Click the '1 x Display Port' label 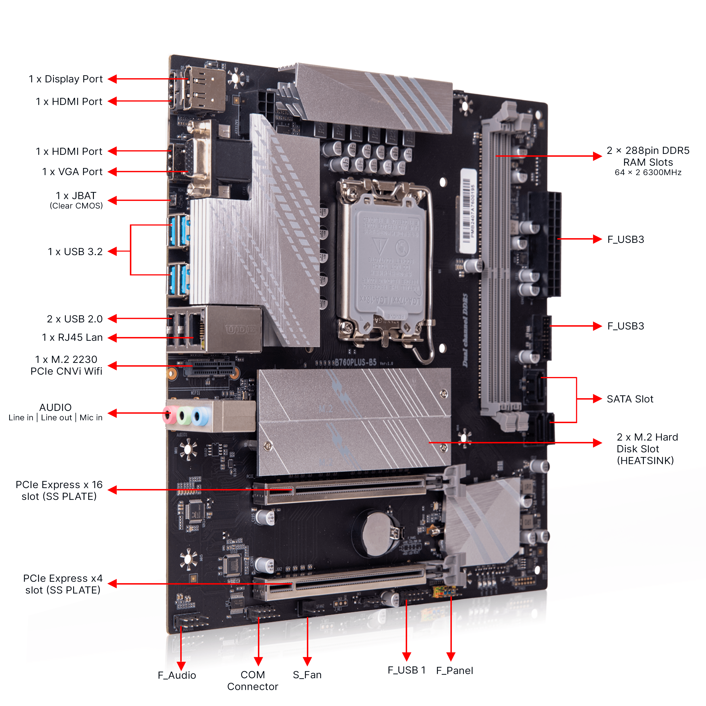coord(66,79)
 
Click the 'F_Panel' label coord(454,670)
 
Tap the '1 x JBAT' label coord(76,196)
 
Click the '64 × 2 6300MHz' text coord(648,172)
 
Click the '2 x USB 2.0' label coord(75,319)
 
